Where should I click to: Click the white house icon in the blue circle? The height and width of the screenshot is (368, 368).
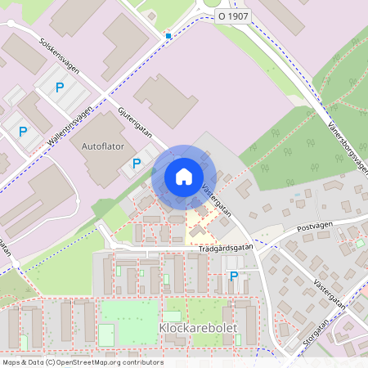184,177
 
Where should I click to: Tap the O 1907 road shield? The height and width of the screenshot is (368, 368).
232,16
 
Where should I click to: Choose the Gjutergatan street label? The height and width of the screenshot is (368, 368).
135,120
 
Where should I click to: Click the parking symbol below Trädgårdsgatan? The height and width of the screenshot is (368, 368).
234,276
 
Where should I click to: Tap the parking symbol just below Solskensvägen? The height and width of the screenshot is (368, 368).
59,88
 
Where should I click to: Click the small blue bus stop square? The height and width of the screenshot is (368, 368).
168,36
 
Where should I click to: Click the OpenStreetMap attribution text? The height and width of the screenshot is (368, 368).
82,362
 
